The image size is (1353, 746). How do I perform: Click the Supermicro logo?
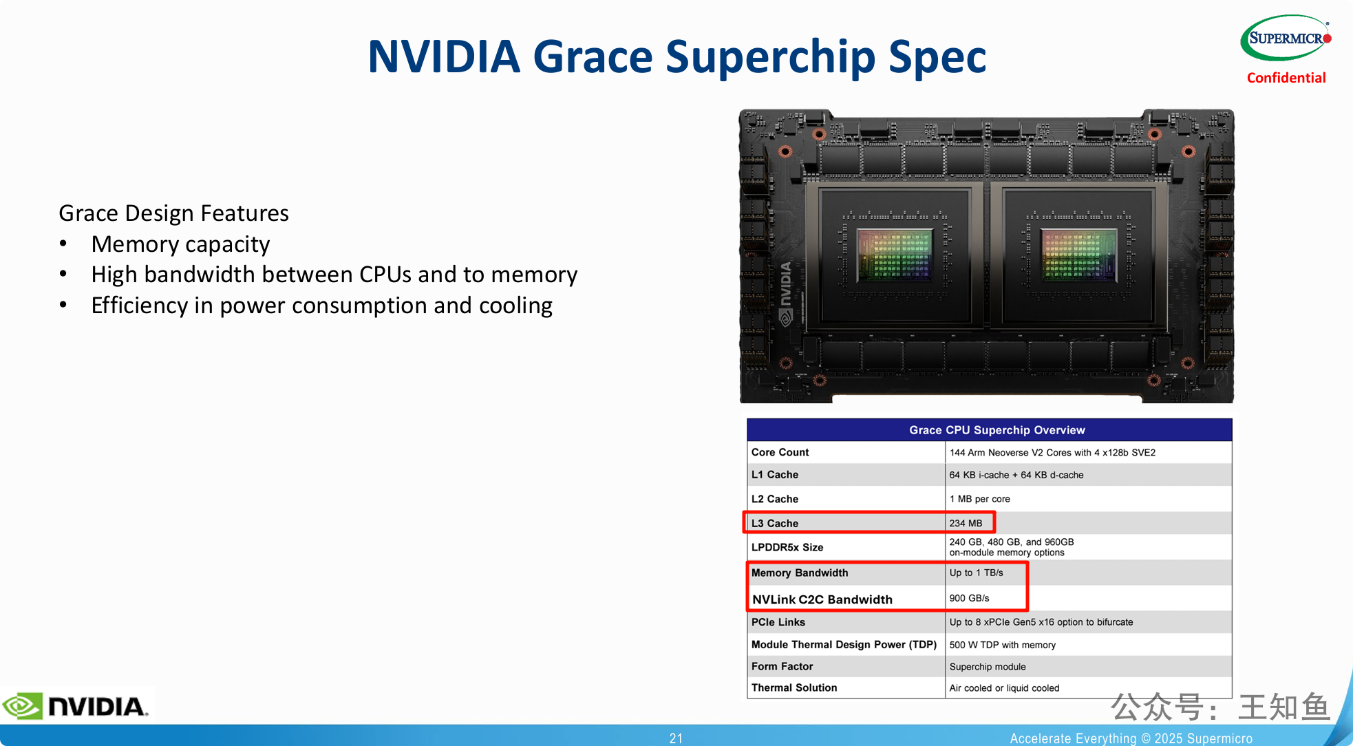[x=1286, y=38]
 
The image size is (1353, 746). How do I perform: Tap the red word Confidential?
[x=1286, y=78]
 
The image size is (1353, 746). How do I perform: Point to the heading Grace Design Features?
[x=173, y=213]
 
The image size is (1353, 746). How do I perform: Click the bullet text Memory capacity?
[x=180, y=244]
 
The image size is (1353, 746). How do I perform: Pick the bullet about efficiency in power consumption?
[x=321, y=306]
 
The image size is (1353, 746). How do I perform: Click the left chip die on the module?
[x=895, y=255]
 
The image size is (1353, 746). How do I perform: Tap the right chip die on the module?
[x=1078, y=255]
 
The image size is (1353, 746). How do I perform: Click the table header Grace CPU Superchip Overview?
[x=997, y=430]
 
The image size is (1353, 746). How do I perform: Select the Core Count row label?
[x=780, y=452]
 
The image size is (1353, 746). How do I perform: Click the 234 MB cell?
[x=966, y=523]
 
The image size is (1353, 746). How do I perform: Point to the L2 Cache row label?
[x=774, y=499]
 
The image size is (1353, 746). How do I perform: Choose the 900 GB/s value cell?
[x=969, y=598]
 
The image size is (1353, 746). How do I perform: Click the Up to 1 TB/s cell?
[x=976, y=573]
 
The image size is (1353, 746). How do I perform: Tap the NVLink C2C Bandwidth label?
[x=822, y=599]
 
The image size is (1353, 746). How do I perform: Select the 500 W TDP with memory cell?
[x=1002, y=645]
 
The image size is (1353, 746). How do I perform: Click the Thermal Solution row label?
[x=794, y=688]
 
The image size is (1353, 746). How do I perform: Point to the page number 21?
[x=676, y=738]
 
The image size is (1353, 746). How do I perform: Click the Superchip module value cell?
[x=988, y=667]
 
